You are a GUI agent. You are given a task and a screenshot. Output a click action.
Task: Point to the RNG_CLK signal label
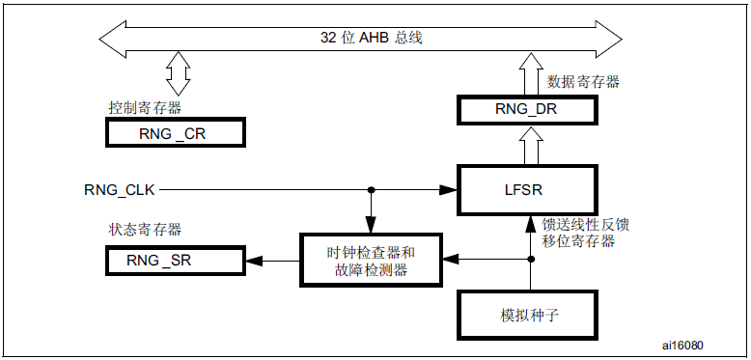pos(120,190)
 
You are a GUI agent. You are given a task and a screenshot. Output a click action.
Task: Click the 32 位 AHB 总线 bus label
pos(372,39)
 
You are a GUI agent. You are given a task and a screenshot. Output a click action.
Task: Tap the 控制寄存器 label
pos(145,108)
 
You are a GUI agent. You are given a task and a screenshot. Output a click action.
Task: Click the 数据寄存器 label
pos(583,82)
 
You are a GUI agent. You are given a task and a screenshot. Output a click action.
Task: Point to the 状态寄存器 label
pos(145,230)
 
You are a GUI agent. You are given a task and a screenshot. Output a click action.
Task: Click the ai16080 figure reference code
pos(683,345)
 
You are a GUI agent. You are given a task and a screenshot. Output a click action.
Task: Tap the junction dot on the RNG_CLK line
pos(371,190)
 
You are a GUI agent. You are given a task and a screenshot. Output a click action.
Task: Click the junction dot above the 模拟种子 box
pos(531,260)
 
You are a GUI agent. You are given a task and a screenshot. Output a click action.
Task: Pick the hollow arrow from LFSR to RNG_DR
pos(531,145)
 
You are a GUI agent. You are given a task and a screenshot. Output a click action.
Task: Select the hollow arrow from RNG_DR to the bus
pos(531,73)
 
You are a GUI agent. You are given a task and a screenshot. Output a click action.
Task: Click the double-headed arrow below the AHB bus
pos(179,72)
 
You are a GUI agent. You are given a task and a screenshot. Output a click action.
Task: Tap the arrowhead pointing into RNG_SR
pos(254,261)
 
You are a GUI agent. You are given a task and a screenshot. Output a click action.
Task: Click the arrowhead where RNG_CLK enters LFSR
pos(448,190)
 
